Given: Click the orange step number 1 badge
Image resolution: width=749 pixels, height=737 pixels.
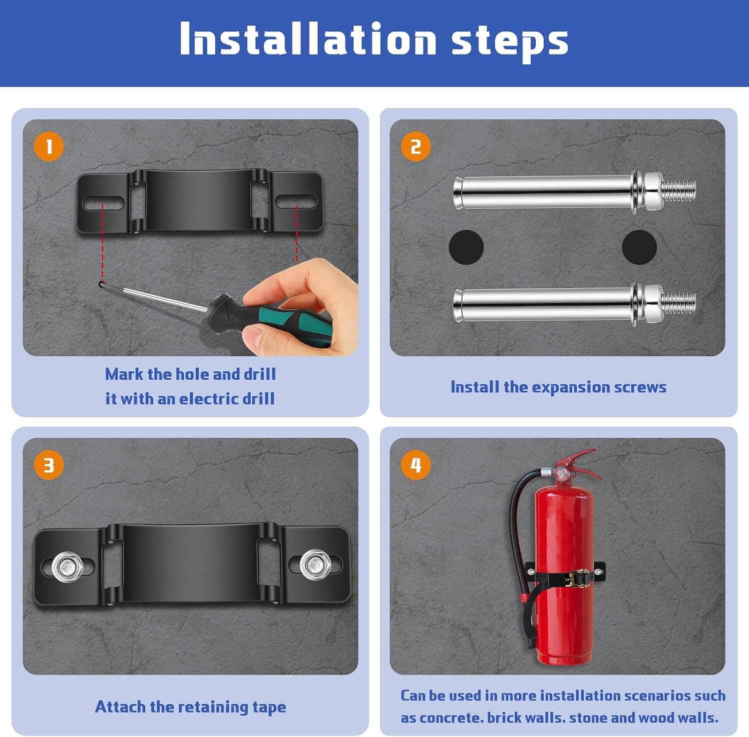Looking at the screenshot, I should pyautogui.click(x=48, y=146).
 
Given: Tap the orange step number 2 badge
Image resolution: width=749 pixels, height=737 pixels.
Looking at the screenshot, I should pyautogui.click(x=415, y=146).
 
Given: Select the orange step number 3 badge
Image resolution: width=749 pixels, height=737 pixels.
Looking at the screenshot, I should pyautogui.click(x=48, y=465).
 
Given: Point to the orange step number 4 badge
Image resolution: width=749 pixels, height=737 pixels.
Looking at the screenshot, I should pyautogui.click(x=415, y=465).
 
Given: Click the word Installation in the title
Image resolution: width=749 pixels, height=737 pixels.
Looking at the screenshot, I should pyautogui.click(x=308, y=39).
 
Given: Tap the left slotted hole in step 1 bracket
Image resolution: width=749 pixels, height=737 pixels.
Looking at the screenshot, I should pyautogui.click(x=103, y=203).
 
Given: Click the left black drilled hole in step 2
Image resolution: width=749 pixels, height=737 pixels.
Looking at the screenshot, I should pyautogui.click(x=466, y=247).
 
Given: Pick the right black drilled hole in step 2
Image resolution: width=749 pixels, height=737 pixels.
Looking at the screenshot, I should pyautogui.click(x=639, y=247).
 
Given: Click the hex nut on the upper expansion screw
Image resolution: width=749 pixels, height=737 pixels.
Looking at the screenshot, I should pyautogui.click(x=652, y=191).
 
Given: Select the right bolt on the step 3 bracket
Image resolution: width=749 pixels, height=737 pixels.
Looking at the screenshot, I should pyautogui.click(x=315, y=565).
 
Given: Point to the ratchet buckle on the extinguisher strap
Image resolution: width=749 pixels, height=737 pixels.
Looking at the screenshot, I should pyautogui.click(x=574, y=579).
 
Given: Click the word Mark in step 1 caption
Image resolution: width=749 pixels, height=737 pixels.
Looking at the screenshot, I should pyautogui.click(x=124, y=374).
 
